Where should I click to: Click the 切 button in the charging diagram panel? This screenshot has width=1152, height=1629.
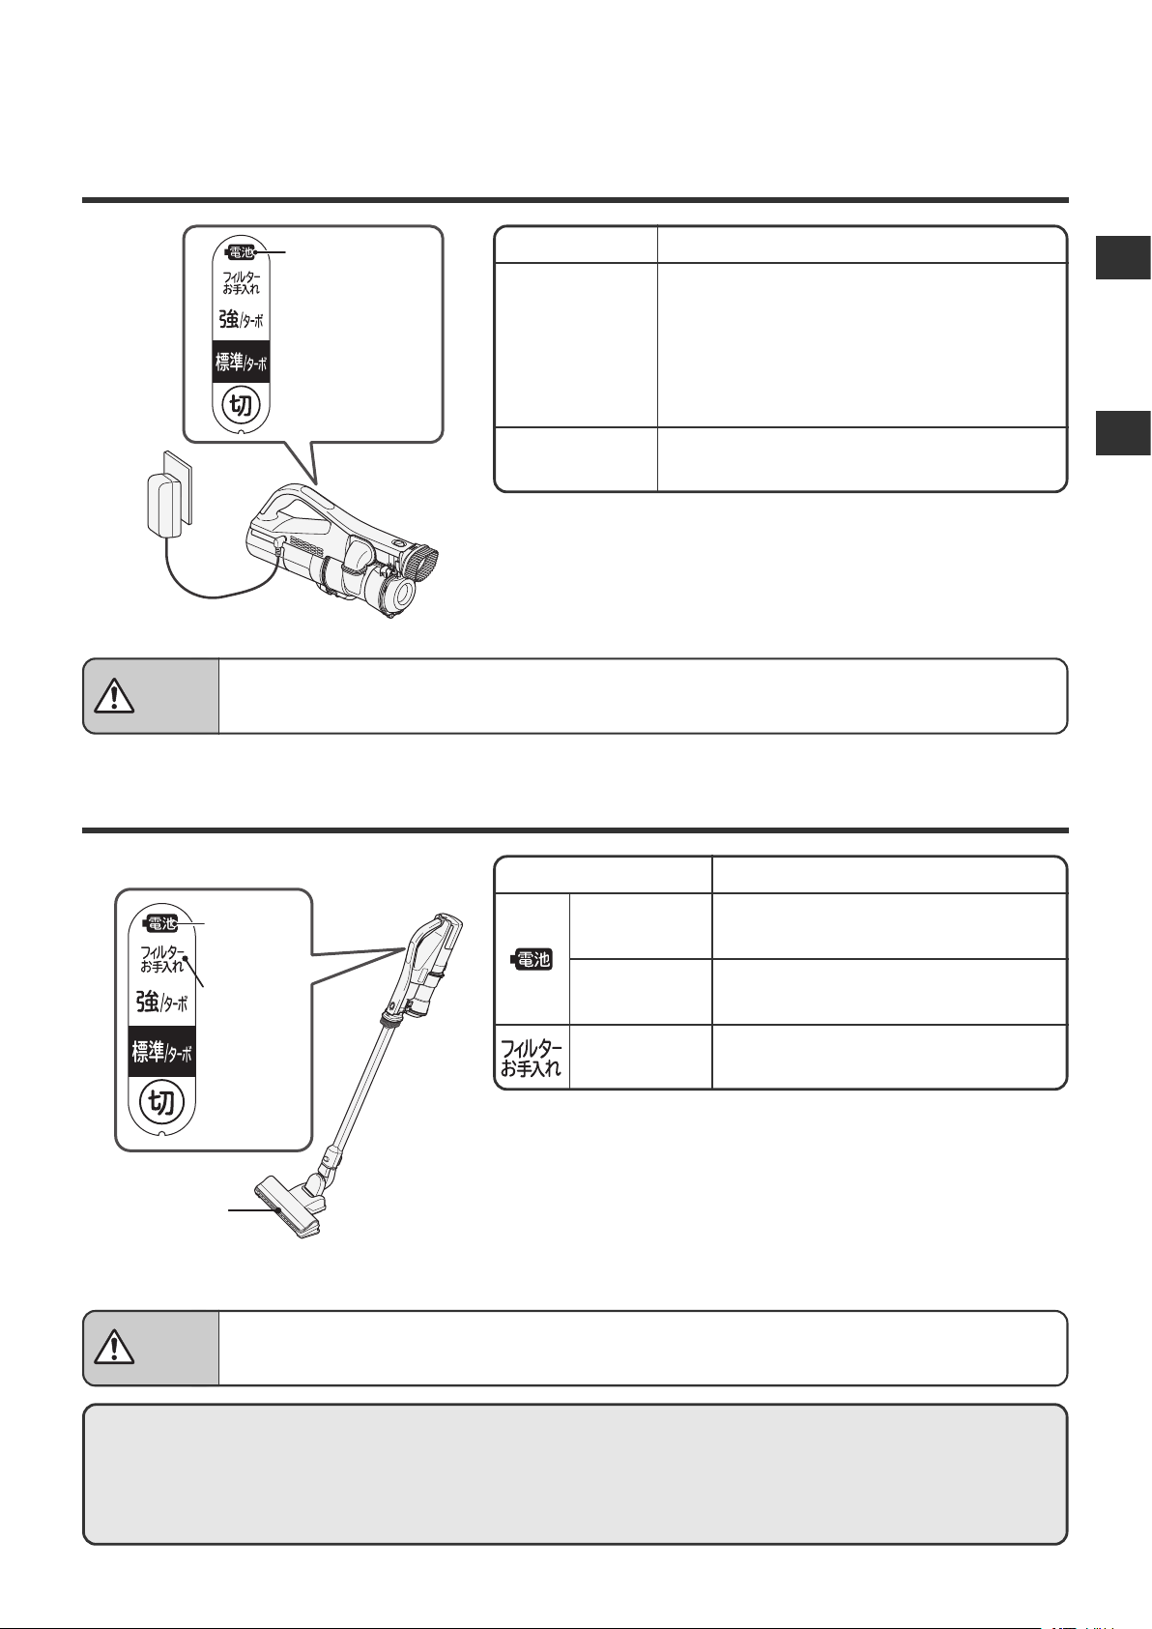point(242,403)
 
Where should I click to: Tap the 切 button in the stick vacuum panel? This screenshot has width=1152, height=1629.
point(161,1102)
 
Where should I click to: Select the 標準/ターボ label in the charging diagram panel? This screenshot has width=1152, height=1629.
point(242,362)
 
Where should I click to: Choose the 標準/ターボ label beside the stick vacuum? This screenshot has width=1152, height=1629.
point(162,1052)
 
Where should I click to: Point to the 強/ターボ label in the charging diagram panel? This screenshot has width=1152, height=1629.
point(242,318)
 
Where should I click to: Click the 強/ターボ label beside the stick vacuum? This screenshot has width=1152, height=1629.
point(162,1003)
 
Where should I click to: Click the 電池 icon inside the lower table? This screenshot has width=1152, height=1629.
point(533,959)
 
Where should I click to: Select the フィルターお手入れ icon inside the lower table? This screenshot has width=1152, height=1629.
point(532,1058)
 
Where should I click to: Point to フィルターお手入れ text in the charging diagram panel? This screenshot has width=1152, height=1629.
point(242,282)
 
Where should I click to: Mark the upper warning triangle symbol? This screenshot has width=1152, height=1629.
point(114,696)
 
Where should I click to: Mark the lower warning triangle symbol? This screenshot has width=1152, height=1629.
point(114,1348)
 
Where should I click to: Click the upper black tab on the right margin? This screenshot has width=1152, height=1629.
point(1124,257)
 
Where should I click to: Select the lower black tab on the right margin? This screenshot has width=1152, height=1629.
point(1124,433)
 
